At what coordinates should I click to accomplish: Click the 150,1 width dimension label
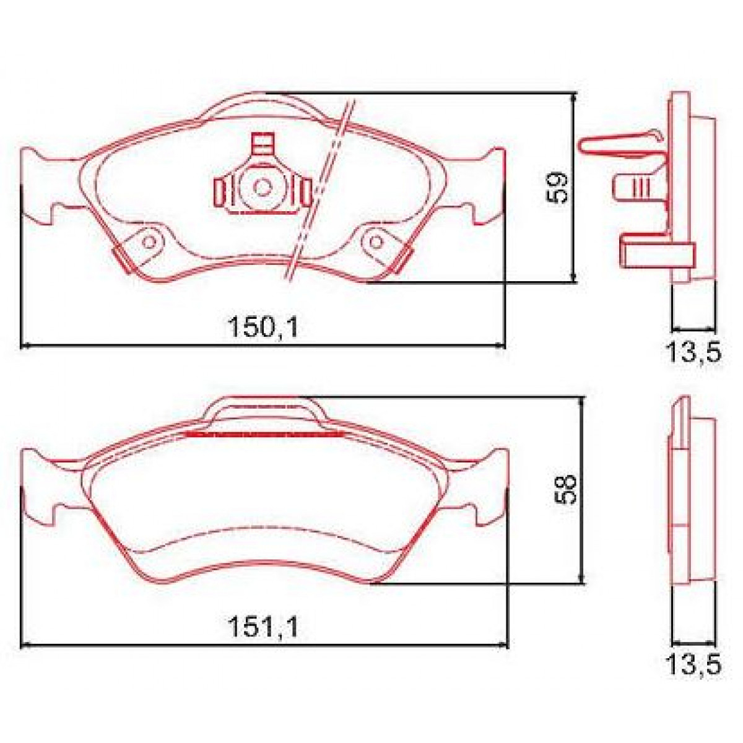click(263, 326)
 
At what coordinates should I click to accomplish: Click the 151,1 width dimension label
click(263, 628)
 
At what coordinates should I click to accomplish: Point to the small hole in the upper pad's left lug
click(149, 242)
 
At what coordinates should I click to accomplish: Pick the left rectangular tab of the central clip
click(220, 191)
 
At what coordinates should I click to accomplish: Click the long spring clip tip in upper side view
click(585, 146)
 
